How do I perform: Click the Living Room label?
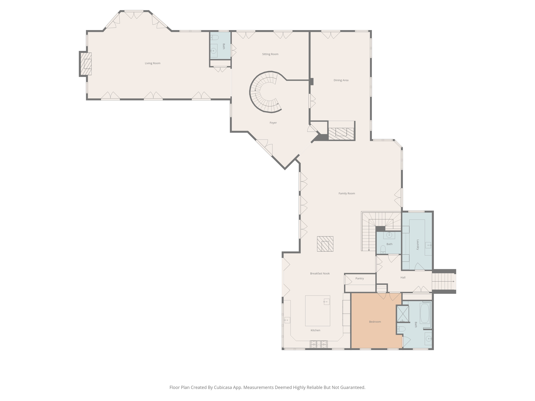click(x=153, y=63)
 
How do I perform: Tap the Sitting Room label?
click(x=270, y=54)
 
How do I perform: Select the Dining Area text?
click(x=341, y=80)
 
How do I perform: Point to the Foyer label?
click(x=273, y=123)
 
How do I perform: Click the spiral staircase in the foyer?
click(x=264, y=92)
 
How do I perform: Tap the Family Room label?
click(x=347, y=193)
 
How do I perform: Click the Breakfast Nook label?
click(x=320, y=273)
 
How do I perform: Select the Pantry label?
click(x=359, y=278)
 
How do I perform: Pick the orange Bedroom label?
click(x=375, y=322)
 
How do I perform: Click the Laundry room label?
click(x=417, y=245)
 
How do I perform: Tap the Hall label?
click(x=403, y=278)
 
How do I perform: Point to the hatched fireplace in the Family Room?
click(x=325, y=244)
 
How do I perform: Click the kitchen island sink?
click(x=326, y=302)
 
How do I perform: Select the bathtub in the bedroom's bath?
click(x=425, y=313)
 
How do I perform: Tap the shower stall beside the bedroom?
click(x=403, y=314)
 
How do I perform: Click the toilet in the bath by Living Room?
click(x=214, y=38)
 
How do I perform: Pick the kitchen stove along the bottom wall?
click(x=318, y=344)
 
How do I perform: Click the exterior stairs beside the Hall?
click(x=443, y=281)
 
